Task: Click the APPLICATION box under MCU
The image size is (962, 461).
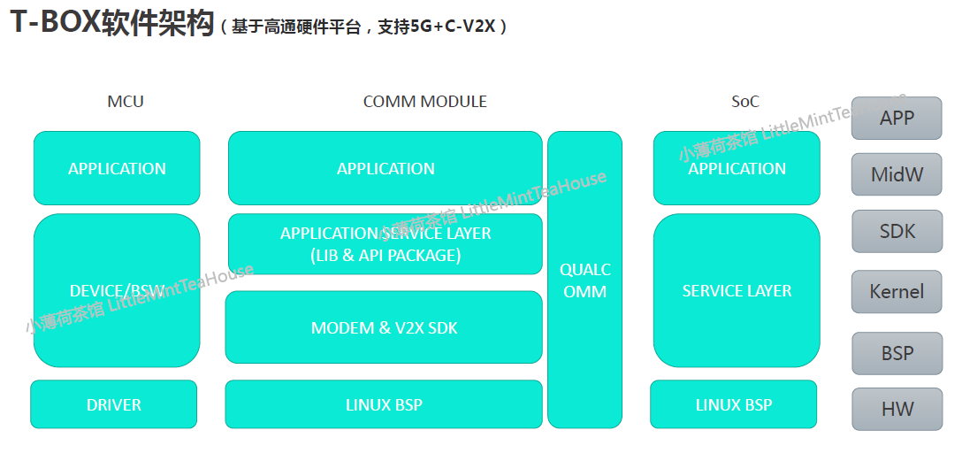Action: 117,168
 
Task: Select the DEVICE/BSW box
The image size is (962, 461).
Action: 117,290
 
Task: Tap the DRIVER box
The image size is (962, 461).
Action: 114,404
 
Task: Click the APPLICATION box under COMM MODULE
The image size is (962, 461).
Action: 386,168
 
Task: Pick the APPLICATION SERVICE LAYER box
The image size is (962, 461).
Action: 386,244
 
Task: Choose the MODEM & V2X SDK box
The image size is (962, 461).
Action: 384,327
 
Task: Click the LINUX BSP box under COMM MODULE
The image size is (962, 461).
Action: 384,404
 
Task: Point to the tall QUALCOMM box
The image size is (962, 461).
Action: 584,280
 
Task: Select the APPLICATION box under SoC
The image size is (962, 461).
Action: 737,168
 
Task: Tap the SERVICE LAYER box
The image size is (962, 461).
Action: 737,290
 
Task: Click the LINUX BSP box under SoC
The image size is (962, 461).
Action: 734,404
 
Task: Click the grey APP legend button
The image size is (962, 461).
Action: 897,118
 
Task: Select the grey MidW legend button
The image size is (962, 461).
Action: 897,174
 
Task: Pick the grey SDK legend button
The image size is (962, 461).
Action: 897,232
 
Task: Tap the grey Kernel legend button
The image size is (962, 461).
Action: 897,291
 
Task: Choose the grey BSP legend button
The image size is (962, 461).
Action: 897,353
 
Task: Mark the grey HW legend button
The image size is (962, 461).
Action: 897,409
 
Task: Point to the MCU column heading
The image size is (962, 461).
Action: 126,102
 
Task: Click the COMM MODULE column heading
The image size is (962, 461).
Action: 424,102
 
